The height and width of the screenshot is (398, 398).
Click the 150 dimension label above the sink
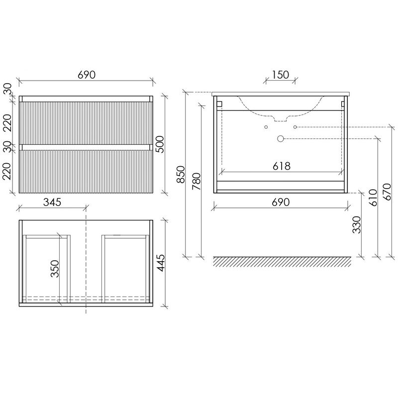[281, 75]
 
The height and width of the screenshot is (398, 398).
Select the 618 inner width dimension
[282, 166]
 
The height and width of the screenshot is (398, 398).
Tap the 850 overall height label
[181, 175]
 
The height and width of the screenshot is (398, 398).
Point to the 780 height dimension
[197, 181]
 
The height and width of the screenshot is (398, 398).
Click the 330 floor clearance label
[357, 225]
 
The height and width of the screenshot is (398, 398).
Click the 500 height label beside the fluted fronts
[160, 144]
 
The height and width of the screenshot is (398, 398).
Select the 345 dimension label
[52, 202]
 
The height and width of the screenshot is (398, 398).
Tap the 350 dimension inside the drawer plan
[55, 269]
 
